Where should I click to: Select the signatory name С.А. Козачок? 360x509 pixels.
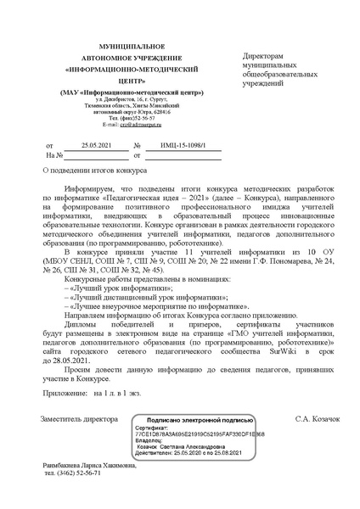[316, 420]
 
